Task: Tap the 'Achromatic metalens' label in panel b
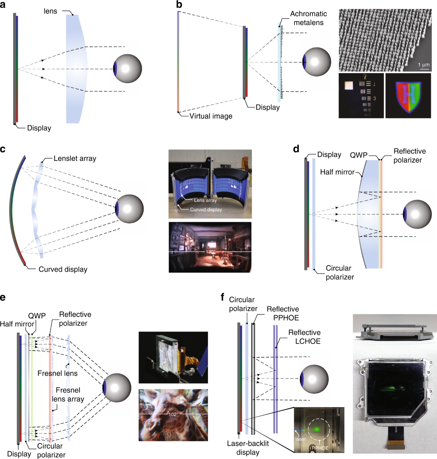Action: click(x=308, y=18)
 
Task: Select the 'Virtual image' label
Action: click(x=211, y=116)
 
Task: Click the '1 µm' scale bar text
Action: click(x=424, y=65)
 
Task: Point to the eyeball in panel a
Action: click(x=127, y=68)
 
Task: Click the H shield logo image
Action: click(x=409, y=95)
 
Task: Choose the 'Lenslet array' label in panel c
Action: click(x=75, y=158)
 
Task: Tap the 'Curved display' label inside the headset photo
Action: click(x=206, y=210)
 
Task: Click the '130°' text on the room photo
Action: click(x=210, y=252)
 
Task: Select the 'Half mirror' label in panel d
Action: click(x=337, y=172)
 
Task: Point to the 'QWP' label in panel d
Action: click(x=359, y=155)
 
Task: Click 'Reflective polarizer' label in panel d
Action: click(x=409, y=156)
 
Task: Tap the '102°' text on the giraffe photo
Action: click(x=173, y=415)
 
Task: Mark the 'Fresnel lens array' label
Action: click(x=68, y=395)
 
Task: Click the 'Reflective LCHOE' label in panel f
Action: click(x=304, y=337)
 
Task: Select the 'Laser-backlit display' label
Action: click(x=248, y=448)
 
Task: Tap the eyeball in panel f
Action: click(x=314, y=379)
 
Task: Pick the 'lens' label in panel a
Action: click(x=50, y=11)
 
